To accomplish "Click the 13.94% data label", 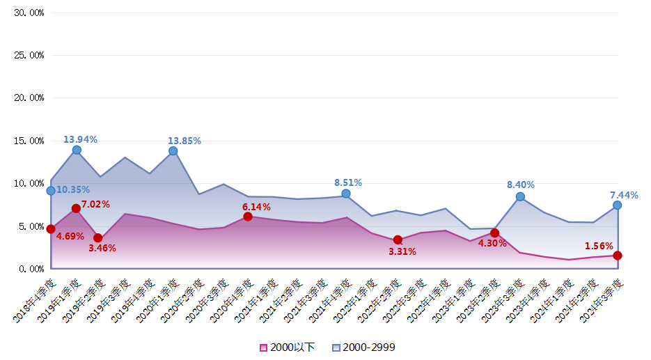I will coord(80,139).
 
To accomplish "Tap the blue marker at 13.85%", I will coord(173,150).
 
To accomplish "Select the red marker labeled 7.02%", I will coord(76,208).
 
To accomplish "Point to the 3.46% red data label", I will coord(102,248).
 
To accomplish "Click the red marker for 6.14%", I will coord(248,217).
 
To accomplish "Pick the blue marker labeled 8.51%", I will coord(346,194).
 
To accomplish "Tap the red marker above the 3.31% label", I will coord(398,240).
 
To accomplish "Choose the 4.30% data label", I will coord(492,244).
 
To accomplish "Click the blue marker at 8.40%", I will coord(520,196).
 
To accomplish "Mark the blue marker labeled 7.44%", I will coord(617,205).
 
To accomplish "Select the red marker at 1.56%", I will coord(618,256).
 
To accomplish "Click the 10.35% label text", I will coord(73,189).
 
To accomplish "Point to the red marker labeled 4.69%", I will coord(51,228).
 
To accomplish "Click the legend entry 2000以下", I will coord(287,347).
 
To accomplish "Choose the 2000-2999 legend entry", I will coord(363,347).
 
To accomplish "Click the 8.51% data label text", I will coord(347,182).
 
